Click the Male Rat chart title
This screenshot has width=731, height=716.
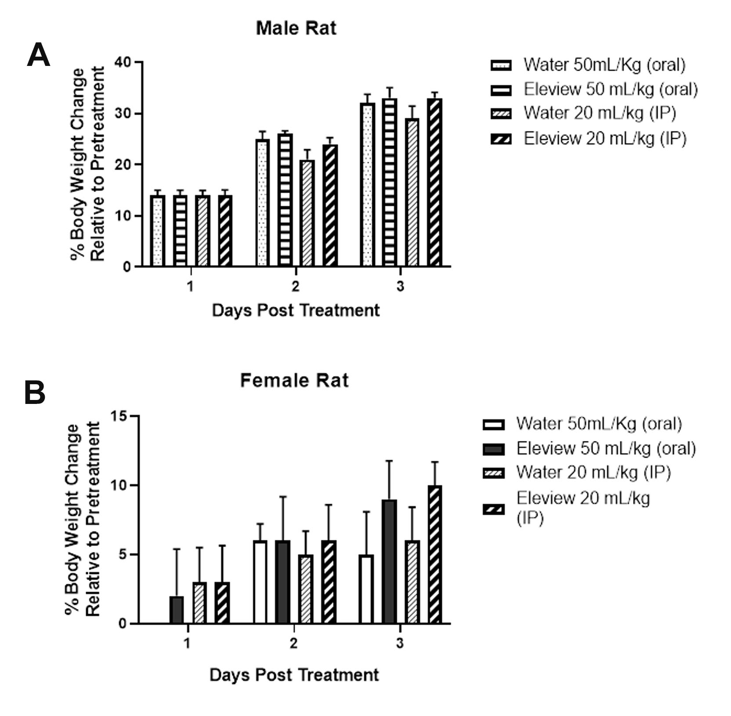(x=296, y=29)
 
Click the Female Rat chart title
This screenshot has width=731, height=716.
(x=294, y=381)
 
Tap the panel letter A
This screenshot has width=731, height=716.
(x=38, y=55)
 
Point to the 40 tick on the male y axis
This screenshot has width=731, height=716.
(x=123, y=62)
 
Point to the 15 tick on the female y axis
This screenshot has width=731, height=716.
(x=120, y=416)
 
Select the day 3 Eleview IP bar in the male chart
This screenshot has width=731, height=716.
(x=434, y=182)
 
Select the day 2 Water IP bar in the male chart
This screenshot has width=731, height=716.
(x=307, y=213)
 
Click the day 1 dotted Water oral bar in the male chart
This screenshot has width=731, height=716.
(x=158, y=231)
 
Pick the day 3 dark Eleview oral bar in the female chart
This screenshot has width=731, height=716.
(x=389, y=561)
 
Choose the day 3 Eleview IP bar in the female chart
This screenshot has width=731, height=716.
(x=434, y=554)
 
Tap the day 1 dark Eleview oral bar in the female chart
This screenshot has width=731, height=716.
(x=177, y=610)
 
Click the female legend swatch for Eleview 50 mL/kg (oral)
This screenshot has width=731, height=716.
(x=493, y=449)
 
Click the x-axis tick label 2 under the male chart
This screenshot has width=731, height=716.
(x=295, y=287)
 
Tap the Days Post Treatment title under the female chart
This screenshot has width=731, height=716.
(x=294, y=675)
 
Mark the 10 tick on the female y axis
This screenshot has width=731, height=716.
(x=120, y=485)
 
